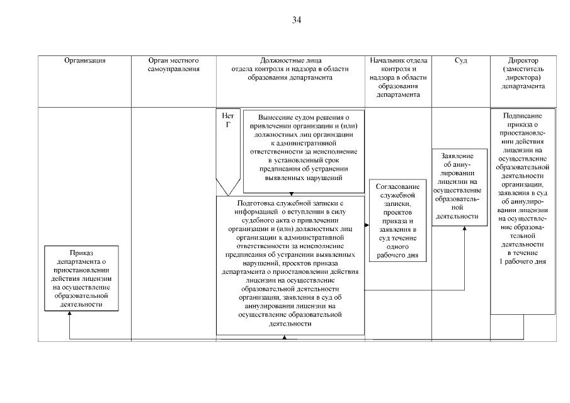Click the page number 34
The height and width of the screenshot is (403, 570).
pyautogui.click(x=297, y=20)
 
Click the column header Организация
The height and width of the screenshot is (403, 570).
pyautogui.click(x=84, y=60)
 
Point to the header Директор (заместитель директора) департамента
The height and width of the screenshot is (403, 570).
pyautogui.click(x=523, y=74)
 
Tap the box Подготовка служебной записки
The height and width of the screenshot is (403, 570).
pyautogui.click(x=290, y=264)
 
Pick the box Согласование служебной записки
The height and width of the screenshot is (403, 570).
pyautogui.click(x=397, y=221)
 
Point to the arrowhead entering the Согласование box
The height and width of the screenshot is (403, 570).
pyautogui.click(x=367, y=224)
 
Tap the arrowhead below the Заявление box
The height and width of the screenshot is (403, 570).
pyautogui.click(x=465, y=228)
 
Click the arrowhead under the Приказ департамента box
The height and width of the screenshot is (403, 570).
pyautogui.click(x=69, y=313)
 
